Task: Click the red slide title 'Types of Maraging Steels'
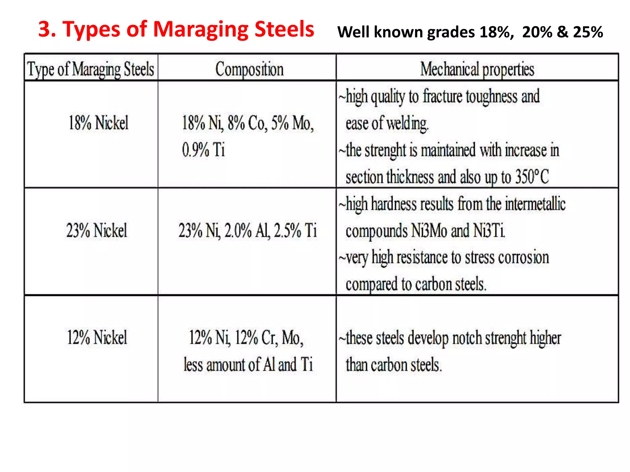176,29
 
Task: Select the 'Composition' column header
249,69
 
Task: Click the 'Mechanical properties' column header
477,69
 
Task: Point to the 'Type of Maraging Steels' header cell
91,69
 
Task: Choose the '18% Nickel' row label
98,123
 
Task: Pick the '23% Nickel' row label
97,230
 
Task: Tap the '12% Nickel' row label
97,337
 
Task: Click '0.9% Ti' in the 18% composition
203,150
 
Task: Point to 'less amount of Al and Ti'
248,365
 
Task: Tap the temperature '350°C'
532,177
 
